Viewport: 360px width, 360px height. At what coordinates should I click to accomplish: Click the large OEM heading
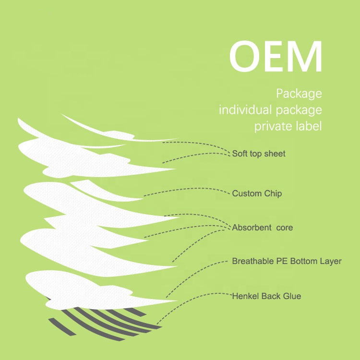[276, 56]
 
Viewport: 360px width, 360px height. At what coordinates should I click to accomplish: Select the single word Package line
[299, 94]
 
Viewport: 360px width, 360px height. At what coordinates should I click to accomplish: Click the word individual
[245, 109]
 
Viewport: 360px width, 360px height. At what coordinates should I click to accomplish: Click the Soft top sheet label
[259, 154]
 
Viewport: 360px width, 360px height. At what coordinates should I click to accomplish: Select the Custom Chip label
[257, 193]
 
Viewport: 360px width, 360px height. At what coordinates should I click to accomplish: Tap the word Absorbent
[252, 228]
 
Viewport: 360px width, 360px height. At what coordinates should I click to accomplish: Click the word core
[285, 228]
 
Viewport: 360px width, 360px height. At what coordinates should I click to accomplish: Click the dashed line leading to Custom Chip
[186, 189]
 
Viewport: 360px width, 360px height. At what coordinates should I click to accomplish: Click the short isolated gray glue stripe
[62, 327]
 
